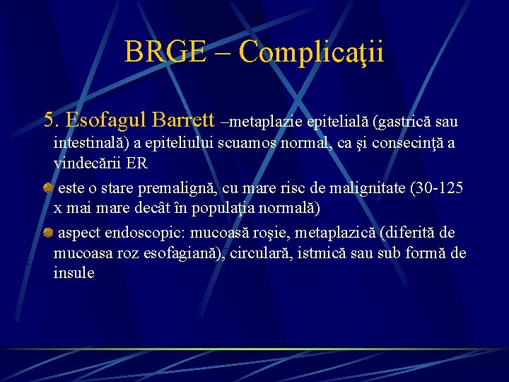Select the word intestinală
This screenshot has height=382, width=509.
pyautogui.click(x=92, y=144)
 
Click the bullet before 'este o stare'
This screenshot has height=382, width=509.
pyautogui.click(x=47, y=188)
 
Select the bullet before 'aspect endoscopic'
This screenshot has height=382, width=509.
pyautogui.click(x=47, y=233)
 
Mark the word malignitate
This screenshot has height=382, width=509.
pyautogui.click(x=356, y=189)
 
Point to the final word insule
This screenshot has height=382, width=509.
pyautogui.click(x=74, y=273)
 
